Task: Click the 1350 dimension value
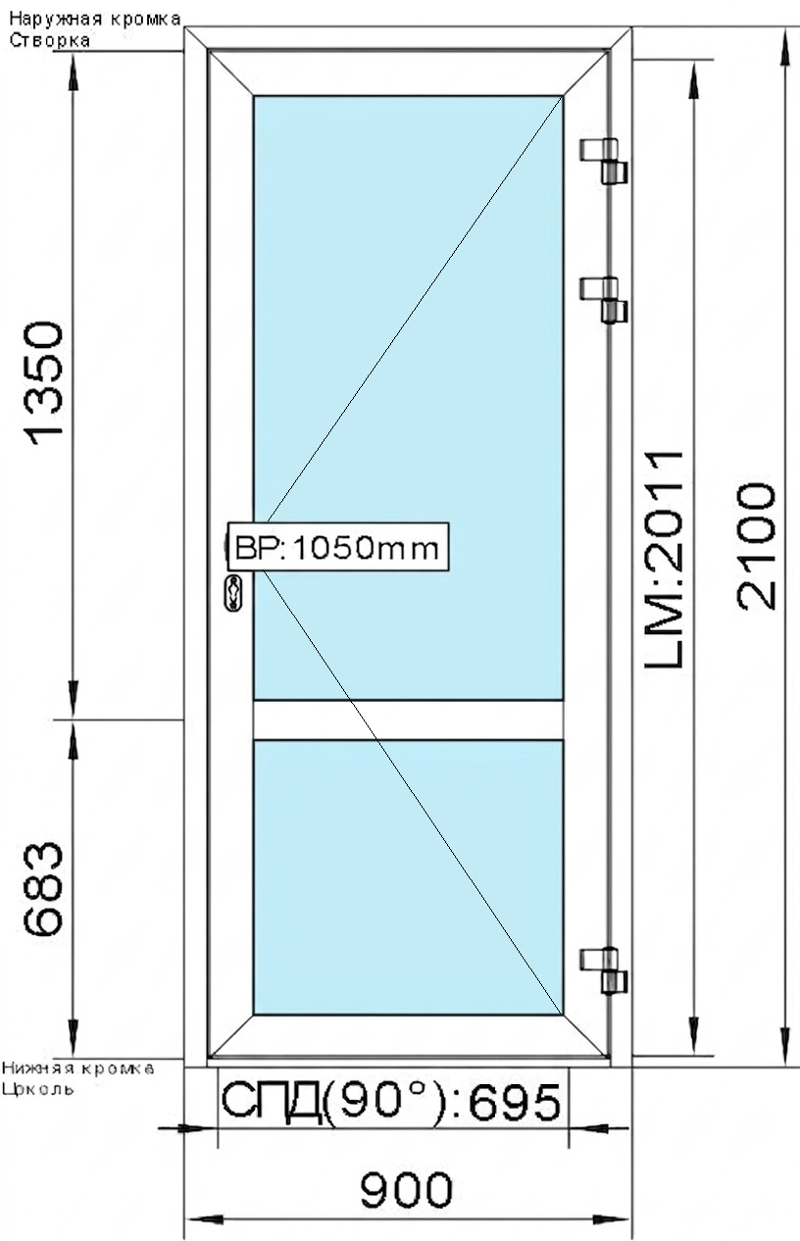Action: coord(47,383)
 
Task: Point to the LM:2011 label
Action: coord(663,562)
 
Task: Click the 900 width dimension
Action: coord(407,1190)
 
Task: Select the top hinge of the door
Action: coord(604,161)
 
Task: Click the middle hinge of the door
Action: coord(604,299)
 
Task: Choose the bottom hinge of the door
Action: coord(604,969)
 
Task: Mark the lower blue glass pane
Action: coord(408,877)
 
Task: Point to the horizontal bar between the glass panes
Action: coord(408,720)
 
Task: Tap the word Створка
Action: coord(49,40)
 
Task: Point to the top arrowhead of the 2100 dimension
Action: coord(784,44)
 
